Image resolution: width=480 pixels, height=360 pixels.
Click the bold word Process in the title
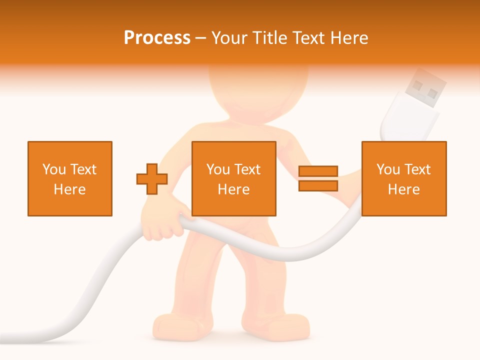[157, 38]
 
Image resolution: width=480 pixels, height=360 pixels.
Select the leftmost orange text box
[70, 179]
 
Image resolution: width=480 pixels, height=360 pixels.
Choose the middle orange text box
[234, 179]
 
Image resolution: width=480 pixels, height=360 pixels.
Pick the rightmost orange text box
[404, 179]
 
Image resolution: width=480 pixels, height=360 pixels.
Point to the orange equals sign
[318, 178]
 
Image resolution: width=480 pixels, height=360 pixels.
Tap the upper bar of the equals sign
[318, 171]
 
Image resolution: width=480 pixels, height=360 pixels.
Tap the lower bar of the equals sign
[318, 186]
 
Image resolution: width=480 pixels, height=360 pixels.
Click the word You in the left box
[54, 169]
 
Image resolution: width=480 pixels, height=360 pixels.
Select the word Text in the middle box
[247, 169]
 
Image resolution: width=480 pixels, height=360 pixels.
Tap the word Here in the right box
[404, 189]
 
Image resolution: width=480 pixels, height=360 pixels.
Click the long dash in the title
[201, 38]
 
